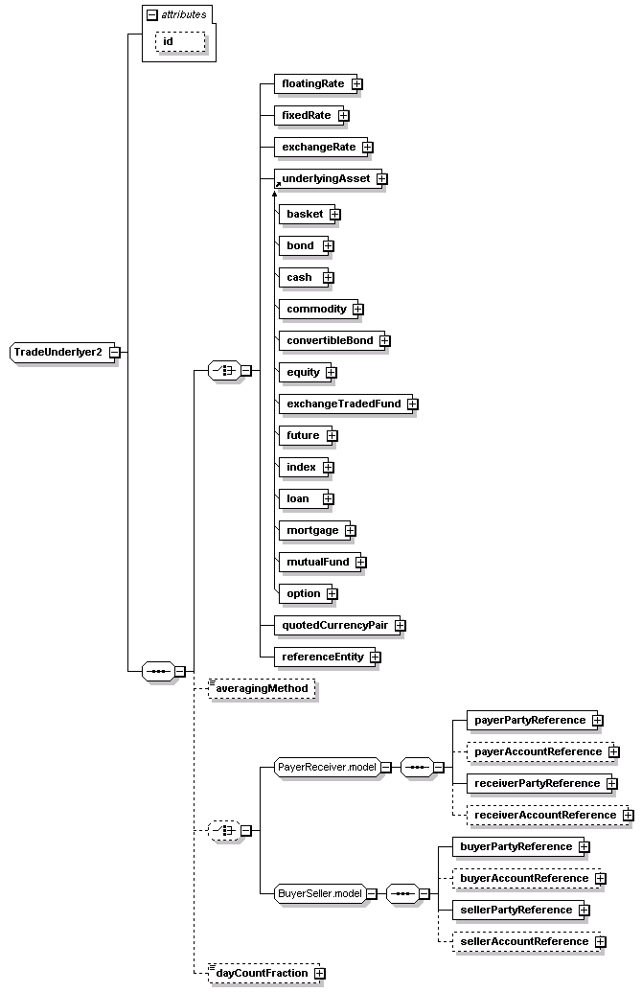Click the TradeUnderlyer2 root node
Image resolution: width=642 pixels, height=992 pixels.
pos(58,352)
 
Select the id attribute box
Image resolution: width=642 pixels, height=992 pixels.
pos(180,41)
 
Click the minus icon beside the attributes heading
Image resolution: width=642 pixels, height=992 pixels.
pos(151,14)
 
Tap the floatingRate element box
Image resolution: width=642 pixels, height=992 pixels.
pos(311,84)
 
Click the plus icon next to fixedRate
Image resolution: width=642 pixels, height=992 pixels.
pos(343,116)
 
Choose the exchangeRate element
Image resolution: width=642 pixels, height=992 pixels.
pos(317,148)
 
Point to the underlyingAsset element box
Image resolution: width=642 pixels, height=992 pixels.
pos(325,179)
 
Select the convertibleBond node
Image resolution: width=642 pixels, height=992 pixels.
pos(329,340)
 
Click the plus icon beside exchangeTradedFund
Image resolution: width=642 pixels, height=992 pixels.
pos(412,404)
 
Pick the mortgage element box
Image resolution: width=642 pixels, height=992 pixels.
pos(311,530)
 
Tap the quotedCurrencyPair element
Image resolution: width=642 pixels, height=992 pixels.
pos(334,625)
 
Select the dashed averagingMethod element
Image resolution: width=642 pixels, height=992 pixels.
pos(262,689)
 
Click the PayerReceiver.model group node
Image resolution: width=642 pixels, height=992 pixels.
pos(326,767)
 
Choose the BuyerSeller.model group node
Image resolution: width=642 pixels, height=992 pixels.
pos(320,894)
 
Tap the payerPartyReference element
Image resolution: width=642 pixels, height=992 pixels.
pos(529,720)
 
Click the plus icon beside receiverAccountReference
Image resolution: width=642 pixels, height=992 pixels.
pos(628,816)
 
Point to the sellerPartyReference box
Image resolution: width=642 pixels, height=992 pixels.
pos(516,910)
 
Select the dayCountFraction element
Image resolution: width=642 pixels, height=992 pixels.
pos(262,973)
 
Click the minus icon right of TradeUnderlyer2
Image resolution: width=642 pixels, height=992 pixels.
pos(114,352)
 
